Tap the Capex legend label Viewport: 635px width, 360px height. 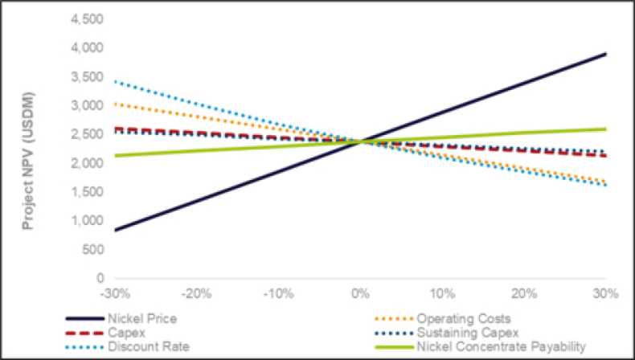[x=121, y=332]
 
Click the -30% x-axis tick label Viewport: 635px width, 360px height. [x=114, y=292]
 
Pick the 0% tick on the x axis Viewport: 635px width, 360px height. [x=360, y=292]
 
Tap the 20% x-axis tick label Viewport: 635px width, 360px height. [x=523, y=292]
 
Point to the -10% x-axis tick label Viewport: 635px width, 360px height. [x=277, y=292]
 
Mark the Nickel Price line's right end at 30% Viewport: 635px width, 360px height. [x=605, y=54]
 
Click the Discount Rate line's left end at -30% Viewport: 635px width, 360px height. [x=116, y=81]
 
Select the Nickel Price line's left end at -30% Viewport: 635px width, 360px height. [x=116, y=230]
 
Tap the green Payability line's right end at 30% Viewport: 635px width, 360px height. [x=605, y=129]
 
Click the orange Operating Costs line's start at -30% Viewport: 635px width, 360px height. [x=116, y=104]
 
